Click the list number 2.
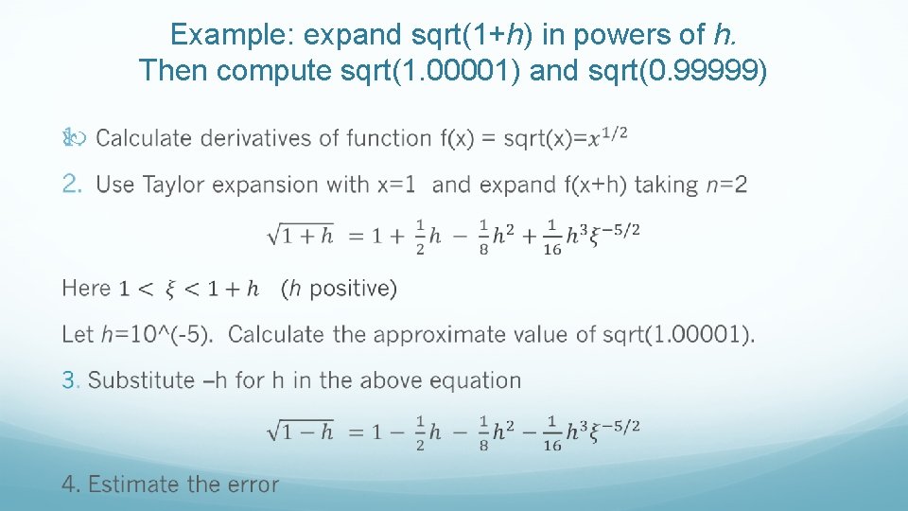point(73,185)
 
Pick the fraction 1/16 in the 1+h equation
point(552,238)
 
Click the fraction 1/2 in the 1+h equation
point(420,238)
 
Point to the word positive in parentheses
point(346,288)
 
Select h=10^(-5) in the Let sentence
point(157,334)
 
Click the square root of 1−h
point(300,432)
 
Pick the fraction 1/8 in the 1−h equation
point(483,432)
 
